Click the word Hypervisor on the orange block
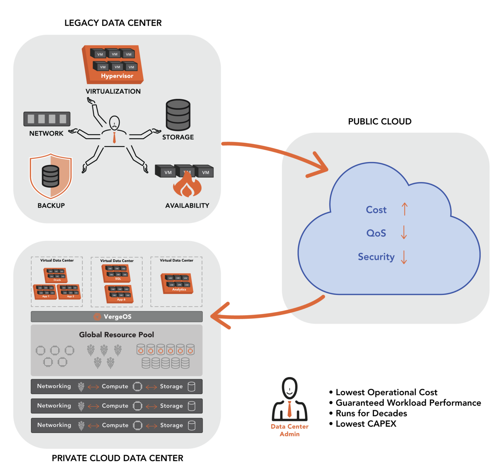(117, 76)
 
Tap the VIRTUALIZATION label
(113, 92)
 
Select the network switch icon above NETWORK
(47, 119)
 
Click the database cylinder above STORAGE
(178, 115)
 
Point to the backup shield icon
(51, 176)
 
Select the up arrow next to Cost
(404, 209)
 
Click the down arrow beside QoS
(404, 232)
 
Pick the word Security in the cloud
(376, 257)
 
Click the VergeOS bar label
(117, 317)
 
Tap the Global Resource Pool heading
(117, 335)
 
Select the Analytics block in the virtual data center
(177, 284)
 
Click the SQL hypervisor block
(117, 273)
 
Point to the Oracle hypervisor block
(56, 275)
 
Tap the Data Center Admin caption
(289, 430)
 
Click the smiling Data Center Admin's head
(289, 387)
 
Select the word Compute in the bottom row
(115, 425)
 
